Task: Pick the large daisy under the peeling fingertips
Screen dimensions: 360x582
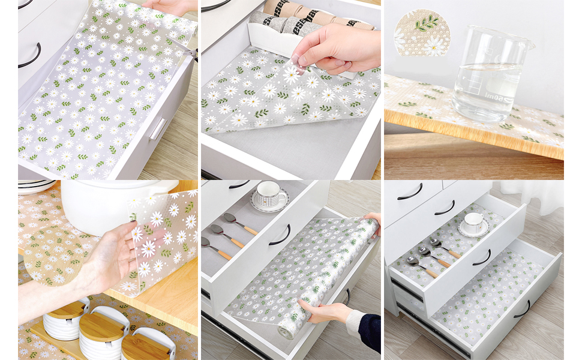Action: click(x=292, y=75)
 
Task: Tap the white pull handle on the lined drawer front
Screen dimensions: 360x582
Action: click(x=157, y=128)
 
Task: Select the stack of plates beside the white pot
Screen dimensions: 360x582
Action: click(x=36, y=187)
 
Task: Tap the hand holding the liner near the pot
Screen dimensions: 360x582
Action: click(x=114, y=258)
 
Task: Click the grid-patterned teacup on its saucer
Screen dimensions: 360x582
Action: click(x=270, y=195)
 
